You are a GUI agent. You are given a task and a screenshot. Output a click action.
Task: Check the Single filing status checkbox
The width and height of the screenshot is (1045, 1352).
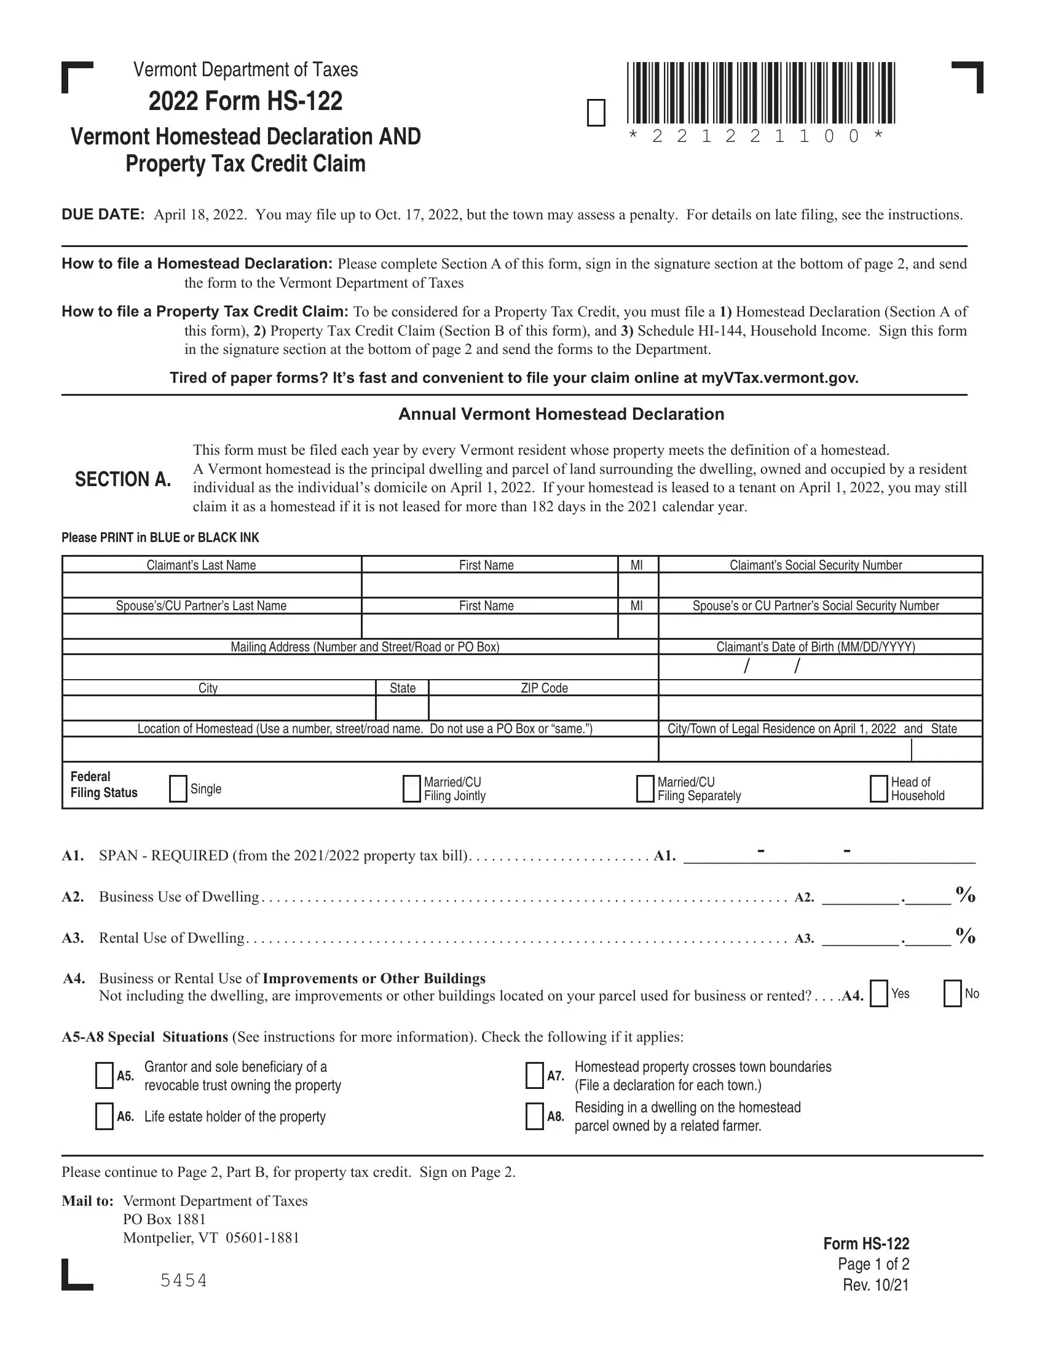[178, 788]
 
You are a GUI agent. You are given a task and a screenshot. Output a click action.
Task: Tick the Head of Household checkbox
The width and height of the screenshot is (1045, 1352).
[878, 788]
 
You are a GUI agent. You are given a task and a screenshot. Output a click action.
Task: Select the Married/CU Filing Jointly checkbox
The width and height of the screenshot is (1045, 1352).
[411, 788]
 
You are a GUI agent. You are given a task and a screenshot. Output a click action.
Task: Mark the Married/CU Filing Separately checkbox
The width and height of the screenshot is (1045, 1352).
[645, 788]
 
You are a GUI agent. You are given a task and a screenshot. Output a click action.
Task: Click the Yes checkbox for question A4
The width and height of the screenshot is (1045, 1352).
[878, 994]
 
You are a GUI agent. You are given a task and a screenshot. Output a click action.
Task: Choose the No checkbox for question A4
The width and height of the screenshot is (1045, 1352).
[952, 994]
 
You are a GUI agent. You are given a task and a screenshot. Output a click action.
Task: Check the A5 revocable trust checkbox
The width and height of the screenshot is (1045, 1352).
[104, 1075]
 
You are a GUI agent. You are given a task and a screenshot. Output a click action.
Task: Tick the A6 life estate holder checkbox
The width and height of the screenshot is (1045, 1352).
[104, 1116]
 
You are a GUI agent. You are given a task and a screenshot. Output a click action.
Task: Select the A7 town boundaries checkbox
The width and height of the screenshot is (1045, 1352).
[534, 1075]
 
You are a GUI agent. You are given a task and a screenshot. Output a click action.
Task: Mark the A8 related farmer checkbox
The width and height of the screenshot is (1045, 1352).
[534, 1116]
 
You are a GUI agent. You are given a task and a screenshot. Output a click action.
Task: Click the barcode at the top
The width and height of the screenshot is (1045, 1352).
[761, 93]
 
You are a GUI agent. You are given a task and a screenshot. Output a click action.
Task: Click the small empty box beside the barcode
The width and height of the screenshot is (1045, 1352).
[596, 112]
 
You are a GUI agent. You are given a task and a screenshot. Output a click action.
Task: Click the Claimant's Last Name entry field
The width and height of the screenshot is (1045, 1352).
[211, 585]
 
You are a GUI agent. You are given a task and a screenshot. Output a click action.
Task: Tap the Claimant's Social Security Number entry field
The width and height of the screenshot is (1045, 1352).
[820, 585]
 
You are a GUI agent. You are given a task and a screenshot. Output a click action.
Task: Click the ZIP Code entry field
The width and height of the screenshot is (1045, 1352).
[543, 707]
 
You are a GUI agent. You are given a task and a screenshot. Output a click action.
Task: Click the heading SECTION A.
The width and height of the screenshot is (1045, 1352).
[122, 479]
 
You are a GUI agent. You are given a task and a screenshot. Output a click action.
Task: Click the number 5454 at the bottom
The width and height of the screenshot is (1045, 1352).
[184, 1280]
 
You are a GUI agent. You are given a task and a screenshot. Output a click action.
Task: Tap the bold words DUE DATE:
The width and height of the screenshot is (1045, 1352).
[103, 215]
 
